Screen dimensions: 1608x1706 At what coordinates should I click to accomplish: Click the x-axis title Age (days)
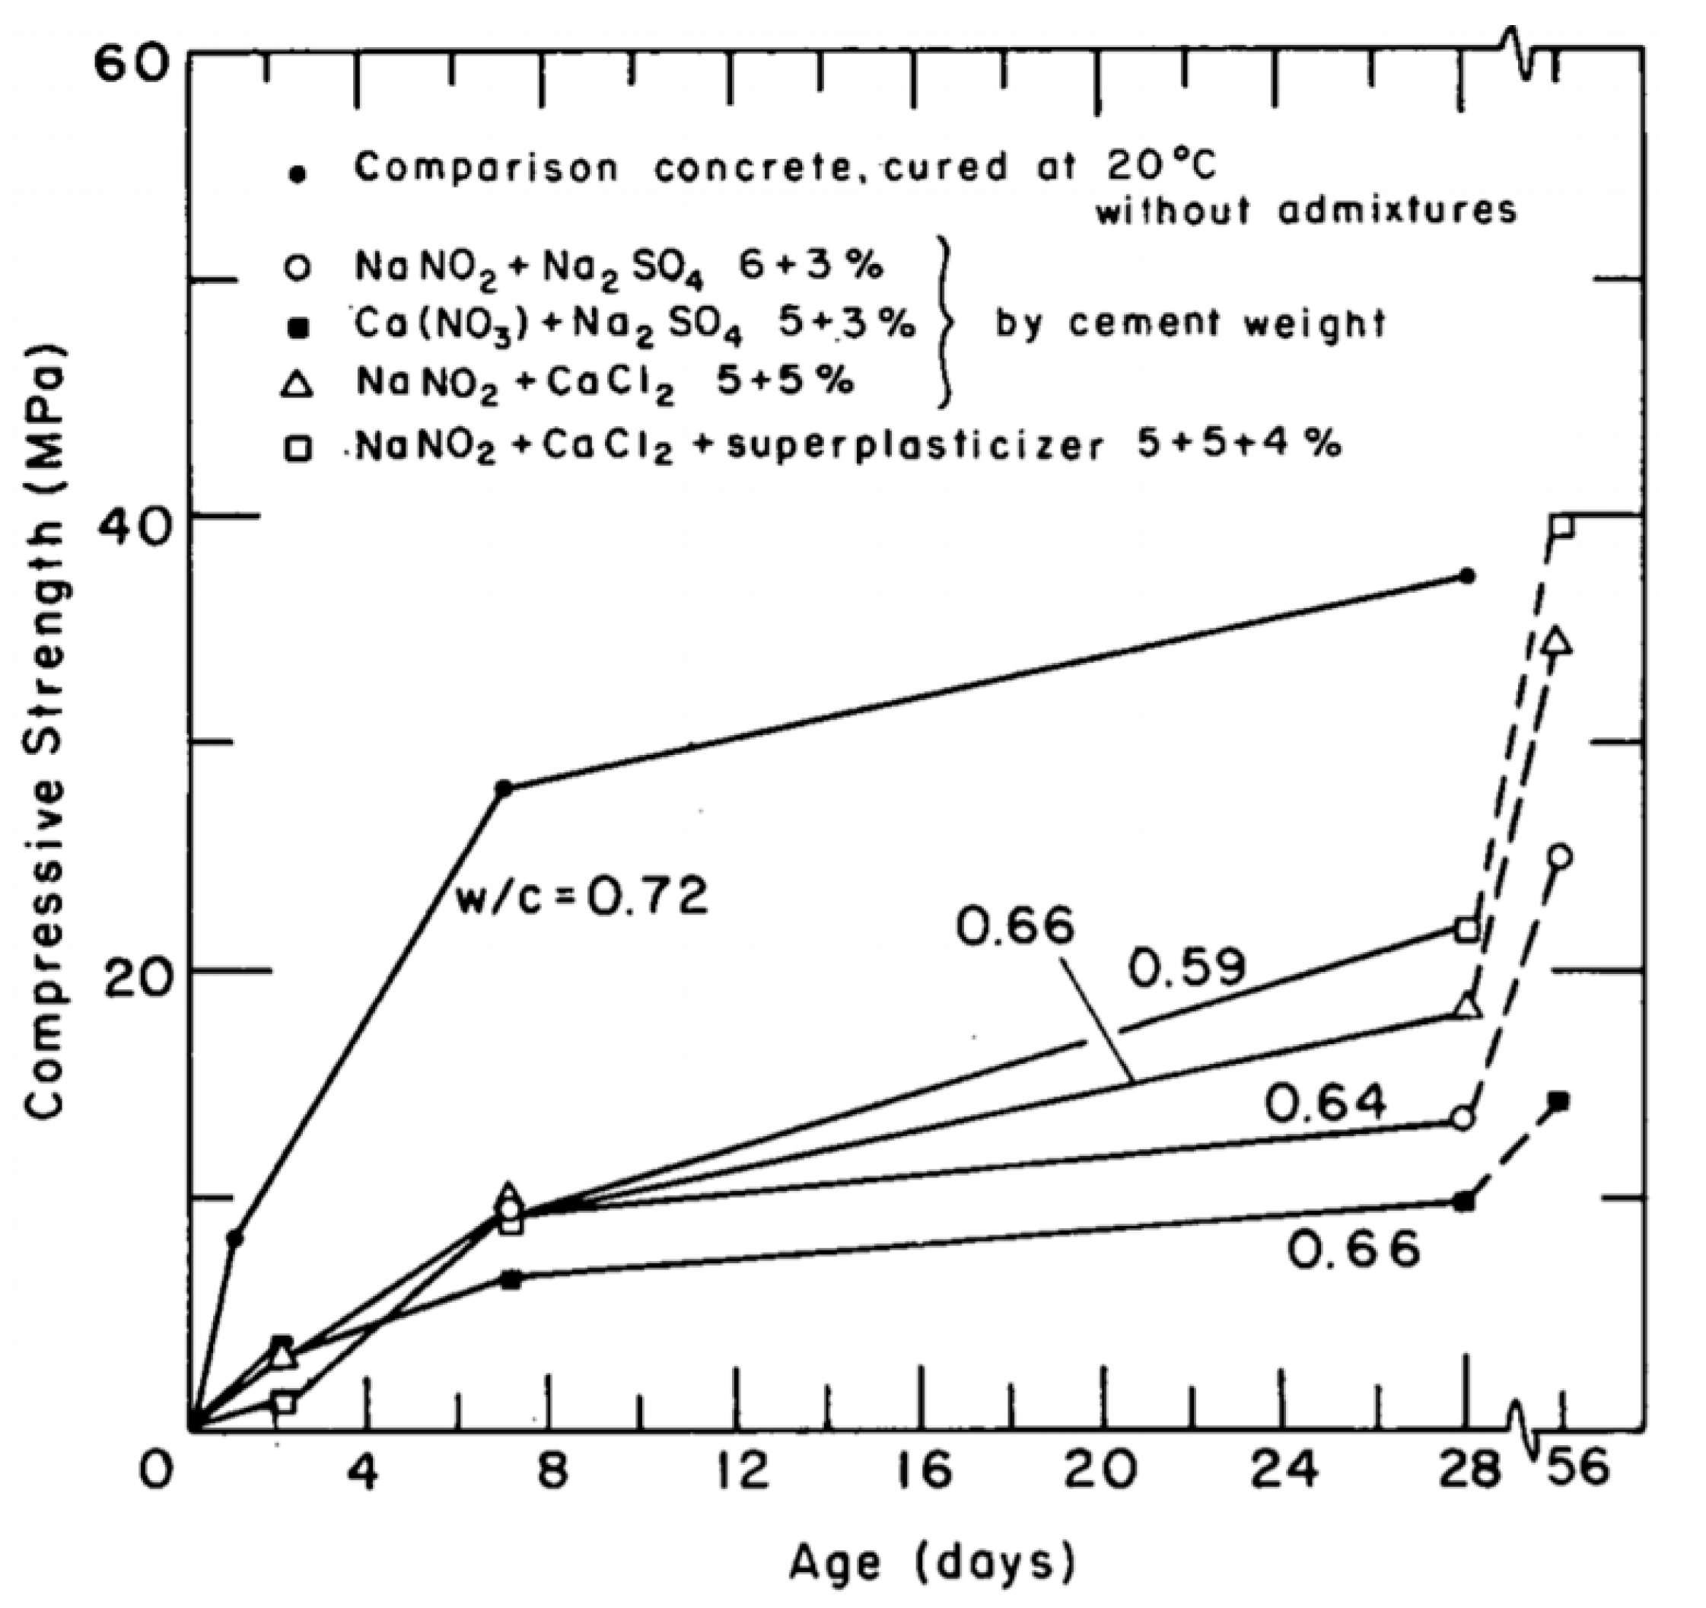tap(931, 1564)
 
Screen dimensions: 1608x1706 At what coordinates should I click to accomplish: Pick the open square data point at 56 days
tap(1562, 526)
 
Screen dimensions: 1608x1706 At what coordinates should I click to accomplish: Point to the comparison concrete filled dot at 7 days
tap(504, 788)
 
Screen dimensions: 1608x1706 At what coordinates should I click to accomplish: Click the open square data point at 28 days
tap(1467, 929)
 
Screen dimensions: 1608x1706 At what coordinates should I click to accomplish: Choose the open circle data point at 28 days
tap(1465, 1119)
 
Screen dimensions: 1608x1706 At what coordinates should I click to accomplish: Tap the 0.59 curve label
tap(1186, 968)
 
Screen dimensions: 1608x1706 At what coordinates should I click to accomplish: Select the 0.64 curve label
tap(1326, 1103)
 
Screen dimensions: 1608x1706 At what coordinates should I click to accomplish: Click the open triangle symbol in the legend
tap(297, 385)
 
